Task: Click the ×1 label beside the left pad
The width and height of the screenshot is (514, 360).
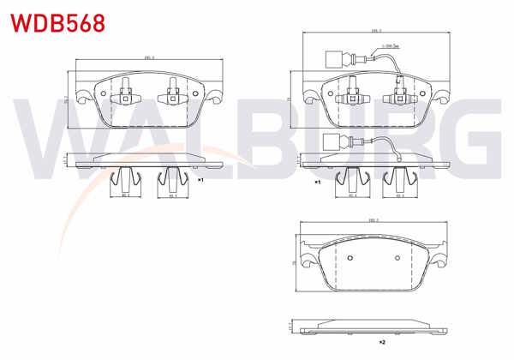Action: pos(200,182)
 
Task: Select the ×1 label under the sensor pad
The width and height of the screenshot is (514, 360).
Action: pos(316,183)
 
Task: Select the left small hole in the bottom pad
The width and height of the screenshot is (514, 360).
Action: pos(350,259)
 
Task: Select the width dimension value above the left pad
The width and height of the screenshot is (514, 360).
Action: pos(147,58)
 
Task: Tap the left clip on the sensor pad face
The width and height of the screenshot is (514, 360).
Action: pos(351,93)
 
